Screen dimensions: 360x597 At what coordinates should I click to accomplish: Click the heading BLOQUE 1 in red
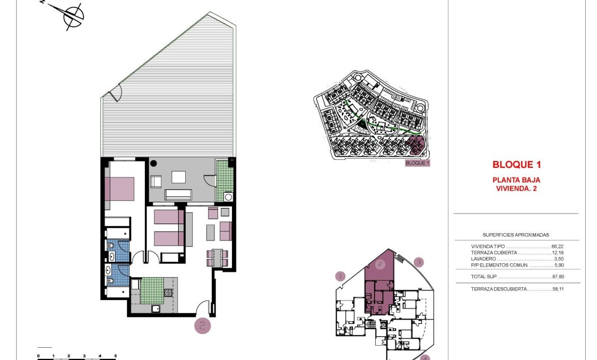(516, 165)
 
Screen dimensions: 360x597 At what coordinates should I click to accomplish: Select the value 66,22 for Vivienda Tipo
(557, 246)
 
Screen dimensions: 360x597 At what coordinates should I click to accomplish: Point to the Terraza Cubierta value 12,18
(557, 253)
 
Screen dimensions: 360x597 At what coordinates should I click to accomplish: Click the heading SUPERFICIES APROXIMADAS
(515, 235)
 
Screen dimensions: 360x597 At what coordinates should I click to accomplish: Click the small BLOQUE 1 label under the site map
(417, 164)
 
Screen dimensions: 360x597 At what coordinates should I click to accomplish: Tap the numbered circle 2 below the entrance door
(203, 325)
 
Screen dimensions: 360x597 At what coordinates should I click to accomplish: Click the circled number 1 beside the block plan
(340, 276)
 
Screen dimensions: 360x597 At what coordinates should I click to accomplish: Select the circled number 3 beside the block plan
(419, 262)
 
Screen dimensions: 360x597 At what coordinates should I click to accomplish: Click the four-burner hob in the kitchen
(168, 293)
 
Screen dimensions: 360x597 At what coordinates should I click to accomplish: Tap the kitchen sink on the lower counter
(156, 308)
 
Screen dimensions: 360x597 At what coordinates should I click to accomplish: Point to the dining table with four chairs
(217, 258)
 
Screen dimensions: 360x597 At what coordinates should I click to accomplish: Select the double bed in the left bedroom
(120, 187)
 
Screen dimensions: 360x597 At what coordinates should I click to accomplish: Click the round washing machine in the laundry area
(229, 197)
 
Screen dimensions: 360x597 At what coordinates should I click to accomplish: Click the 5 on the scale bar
(115, 356)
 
